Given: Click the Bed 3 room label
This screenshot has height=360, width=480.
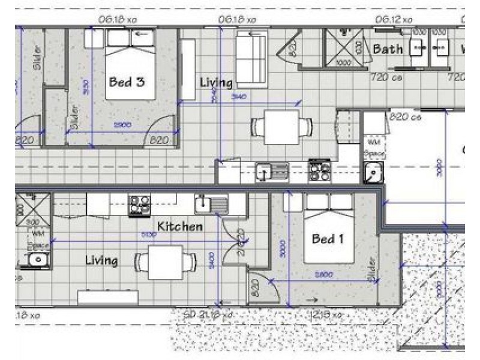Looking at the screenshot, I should click(126, 82).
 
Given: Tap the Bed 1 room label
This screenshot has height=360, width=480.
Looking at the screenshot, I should click(328, 239).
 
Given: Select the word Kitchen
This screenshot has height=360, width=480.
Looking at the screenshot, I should click(179, 226).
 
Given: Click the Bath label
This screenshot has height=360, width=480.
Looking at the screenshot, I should click(388, 49).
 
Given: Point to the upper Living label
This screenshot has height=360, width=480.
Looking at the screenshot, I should click(216, 82).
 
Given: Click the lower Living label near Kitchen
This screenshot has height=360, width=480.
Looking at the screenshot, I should click(101, 260).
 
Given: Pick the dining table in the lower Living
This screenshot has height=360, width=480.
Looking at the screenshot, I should click(166, 263).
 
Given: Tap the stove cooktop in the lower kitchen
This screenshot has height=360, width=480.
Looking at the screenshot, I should click(140, 205).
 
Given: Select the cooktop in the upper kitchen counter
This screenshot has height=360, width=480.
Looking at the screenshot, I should click(319, 170).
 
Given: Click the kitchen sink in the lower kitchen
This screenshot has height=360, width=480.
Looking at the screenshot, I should click(211, 204).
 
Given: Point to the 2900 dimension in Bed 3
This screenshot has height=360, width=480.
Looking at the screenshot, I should click(122, 124).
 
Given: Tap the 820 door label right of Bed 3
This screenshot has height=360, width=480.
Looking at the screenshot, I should click(159, 140).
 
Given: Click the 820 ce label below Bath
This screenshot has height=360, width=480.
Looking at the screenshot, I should click(405, 117).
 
